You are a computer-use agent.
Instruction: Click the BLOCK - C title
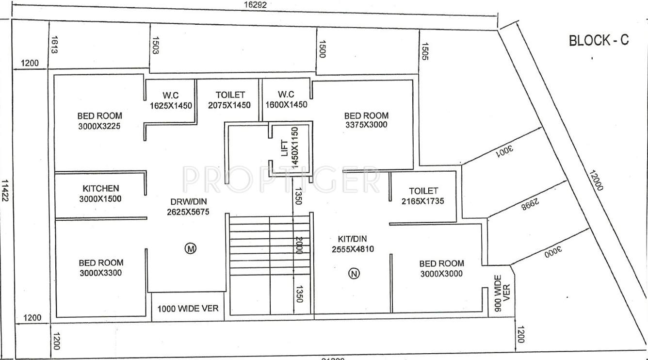(599, 40)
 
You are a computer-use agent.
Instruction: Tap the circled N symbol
(354, 274)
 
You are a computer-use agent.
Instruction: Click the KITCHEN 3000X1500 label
(100, 193)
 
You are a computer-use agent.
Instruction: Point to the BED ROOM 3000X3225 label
(99, 121)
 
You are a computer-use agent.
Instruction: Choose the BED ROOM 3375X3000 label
(366, 120)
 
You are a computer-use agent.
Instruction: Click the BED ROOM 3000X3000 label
(441, 268)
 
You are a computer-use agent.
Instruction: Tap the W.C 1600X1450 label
(286, 99)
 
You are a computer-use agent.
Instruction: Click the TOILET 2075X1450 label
(230, 99)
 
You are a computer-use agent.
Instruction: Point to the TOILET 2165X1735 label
(423, 196)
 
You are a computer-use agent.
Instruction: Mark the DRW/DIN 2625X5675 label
(186, 206)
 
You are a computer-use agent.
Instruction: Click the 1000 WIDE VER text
(188, 309)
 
